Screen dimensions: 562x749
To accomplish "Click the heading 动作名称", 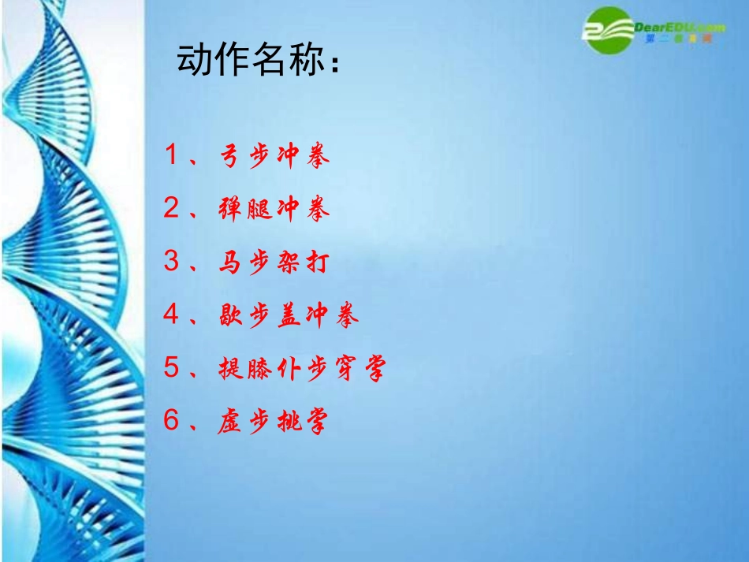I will pos(260,61).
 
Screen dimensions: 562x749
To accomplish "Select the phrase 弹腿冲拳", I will pos(274,210).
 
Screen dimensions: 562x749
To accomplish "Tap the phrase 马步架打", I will pos(273,262).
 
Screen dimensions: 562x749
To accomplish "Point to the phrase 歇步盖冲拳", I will pos(289,316).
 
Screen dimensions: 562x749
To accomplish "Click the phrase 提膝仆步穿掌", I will pos(303,369).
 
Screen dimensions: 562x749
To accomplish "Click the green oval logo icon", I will pos(609,29).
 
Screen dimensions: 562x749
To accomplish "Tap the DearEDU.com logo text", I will pos(680,28).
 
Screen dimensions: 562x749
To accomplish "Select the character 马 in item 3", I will pos(229,262).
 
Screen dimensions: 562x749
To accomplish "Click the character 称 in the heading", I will pos(304,61).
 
